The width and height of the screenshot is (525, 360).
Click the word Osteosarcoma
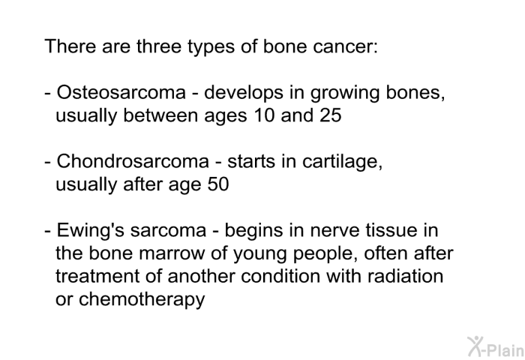121,92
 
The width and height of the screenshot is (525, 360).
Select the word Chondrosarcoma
133,161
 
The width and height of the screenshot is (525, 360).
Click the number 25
331,115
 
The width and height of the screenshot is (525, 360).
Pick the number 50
218,184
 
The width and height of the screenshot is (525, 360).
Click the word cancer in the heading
345,46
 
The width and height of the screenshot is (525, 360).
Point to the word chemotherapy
142,300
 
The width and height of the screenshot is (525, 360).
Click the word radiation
405,276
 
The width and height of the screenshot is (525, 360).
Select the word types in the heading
211,47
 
